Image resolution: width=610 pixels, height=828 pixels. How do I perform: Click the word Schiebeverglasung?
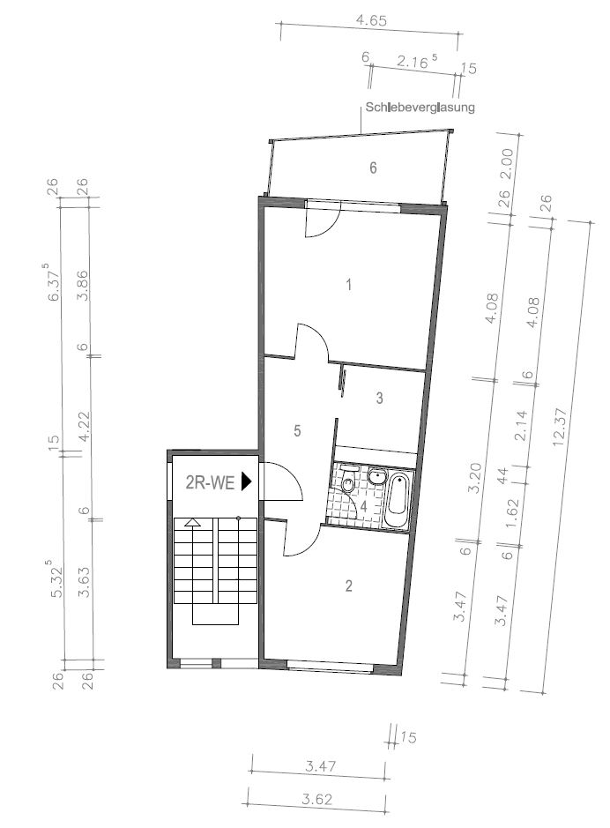[x=420, y=108]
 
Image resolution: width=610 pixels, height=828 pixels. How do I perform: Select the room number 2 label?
[x=349, y=585]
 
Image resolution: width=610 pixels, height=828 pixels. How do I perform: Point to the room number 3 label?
[x=379, y=398]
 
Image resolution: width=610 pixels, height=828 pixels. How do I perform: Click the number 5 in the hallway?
[x=298, y=430]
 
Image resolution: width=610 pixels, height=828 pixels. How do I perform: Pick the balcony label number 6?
[x=373, y=168]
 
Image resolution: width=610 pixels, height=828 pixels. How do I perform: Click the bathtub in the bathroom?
[x=398, y=500]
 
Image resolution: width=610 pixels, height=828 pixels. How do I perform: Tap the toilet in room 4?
[x=349, y=481]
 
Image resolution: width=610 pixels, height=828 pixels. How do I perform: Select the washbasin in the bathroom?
[x=377, y=477]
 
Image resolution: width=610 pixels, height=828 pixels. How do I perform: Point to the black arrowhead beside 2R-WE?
[x=247, y=481]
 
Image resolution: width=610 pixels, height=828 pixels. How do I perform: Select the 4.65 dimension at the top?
[x=370, y=19]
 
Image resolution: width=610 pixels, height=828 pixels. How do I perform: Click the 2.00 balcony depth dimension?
[x=505, y=157]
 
